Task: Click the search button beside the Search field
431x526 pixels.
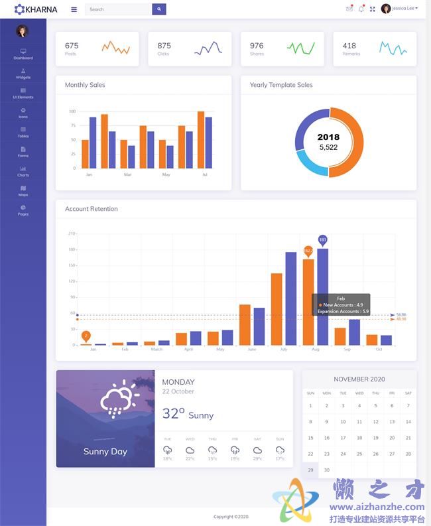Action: click(159, 9)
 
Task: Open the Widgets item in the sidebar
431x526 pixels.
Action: click(23, 73)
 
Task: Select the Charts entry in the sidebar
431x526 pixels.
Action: click(23, 171)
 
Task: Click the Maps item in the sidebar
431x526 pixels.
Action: click(23, 191)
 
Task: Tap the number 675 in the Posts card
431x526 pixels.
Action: click(72, 46)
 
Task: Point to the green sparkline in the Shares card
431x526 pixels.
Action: click(300, 48)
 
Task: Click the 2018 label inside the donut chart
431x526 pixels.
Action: click(328, 137)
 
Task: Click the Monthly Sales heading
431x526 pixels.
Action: click(85, 85)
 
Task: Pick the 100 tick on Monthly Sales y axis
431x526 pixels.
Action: click(72, 111)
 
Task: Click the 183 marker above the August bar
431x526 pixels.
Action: click(323, 239)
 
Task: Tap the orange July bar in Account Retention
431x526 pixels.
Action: click(277, 308)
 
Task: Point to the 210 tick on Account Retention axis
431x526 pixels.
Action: click(72, 233)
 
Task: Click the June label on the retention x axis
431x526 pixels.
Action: click(252, 350)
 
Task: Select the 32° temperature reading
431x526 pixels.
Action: click(174, 414)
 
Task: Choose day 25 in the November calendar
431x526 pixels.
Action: click(359, 454)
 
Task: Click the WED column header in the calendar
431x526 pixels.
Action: click(359, 393)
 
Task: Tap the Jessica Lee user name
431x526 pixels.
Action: click(403, 9)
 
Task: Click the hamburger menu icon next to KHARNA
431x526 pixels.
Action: click(74, 9)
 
